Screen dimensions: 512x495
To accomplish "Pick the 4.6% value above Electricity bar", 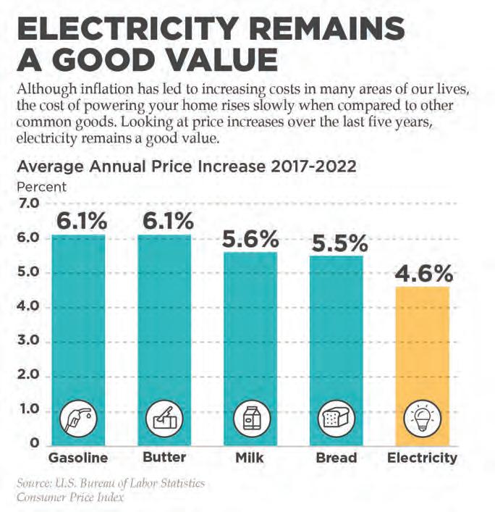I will coord(423,275).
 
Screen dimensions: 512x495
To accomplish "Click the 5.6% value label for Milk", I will coord(250,239).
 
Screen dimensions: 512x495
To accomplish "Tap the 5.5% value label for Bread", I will coord(337,244).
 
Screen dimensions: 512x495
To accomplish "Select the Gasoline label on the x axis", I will coord(77,458).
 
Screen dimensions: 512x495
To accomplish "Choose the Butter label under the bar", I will coord(164,458).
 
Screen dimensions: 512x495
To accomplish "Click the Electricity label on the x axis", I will coord(423,458).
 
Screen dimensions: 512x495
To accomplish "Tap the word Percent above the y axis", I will coord(41,186).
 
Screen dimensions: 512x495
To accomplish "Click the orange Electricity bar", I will coord(423,348).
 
